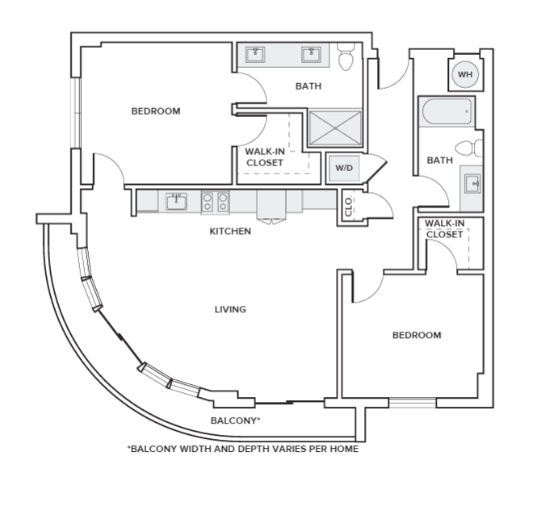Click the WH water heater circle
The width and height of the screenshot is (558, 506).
[x=464, y=75]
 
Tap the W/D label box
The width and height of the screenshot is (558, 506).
[x=344, y=169]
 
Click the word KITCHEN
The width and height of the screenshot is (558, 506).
[x=230, y=232]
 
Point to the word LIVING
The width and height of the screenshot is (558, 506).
[x=230, y=309]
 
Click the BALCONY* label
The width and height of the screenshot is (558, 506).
[x=235, y=420]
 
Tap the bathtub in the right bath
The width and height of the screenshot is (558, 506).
[x=447, y=112]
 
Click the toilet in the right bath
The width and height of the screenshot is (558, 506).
[x=468, y=148]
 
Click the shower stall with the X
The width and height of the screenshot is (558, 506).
[x=334, y=128]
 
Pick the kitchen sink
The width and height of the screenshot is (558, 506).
[x=176, y=201]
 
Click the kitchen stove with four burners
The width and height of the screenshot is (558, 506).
[x=215, y=202]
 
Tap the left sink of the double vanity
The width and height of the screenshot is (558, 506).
[x=256, y=55]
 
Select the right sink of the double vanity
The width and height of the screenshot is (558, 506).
[x=311, y=55]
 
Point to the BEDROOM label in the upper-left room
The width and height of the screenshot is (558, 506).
[x=156, y=111]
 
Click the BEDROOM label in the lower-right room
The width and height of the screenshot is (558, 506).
[x=417, y=335]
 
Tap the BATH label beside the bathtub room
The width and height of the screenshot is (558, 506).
[x=439, y=161]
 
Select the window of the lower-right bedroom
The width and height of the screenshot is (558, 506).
[x=412, y=402]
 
